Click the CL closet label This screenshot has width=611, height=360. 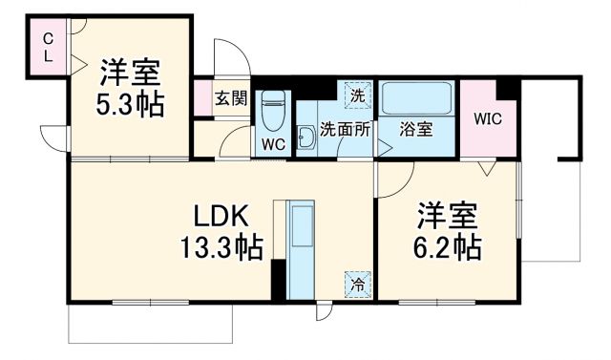point(46,48)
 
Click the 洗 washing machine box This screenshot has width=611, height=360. point(356,95)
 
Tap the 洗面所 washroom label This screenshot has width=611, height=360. point(345,128)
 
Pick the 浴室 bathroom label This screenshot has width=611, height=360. point(416,128)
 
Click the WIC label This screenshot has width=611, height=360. point(488,120)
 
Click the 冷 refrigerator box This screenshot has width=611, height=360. point(356,283)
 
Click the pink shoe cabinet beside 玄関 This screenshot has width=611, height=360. point(201,98)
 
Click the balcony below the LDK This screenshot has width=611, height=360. point(151,325)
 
